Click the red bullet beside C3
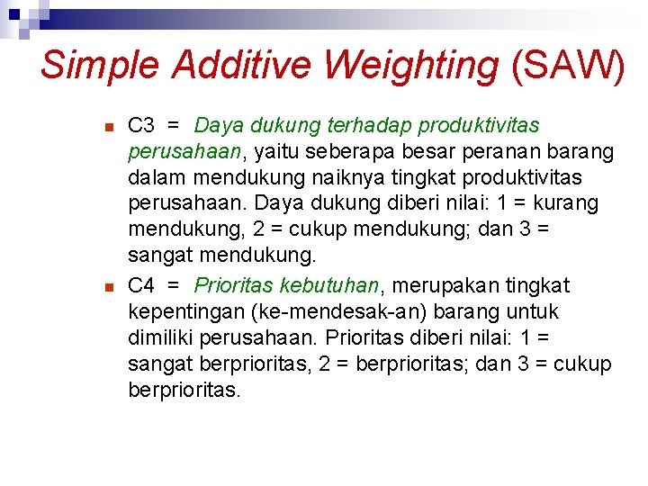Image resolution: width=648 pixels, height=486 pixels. point(108,127)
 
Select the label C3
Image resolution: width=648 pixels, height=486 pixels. point(143,124)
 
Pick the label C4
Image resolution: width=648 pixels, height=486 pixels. point(143,285)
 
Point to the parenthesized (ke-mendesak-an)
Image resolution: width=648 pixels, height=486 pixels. point(348,312)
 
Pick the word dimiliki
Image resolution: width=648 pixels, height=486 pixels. point(166,338)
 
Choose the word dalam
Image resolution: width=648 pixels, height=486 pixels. point(157,178)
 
